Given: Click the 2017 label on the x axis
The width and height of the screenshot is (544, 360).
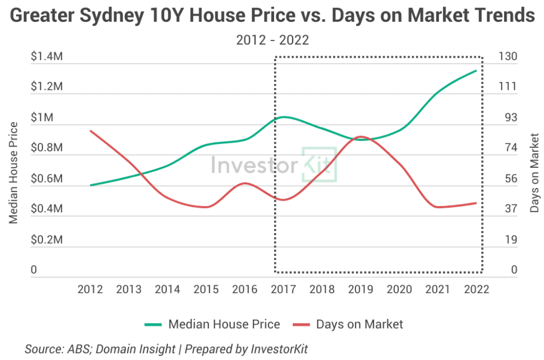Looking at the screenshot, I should [x=284, y=289].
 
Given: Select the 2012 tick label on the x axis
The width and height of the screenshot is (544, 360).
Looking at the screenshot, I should [x=90, y=289].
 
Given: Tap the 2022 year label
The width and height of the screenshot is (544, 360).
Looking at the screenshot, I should [x=477, y=289].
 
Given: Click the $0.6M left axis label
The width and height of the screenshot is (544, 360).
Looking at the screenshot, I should [x=46, y=179].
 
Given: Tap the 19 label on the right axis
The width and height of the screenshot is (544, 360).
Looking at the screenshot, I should [x=509, y=240].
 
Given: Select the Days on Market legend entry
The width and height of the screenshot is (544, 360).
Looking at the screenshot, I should [x=360, y=324].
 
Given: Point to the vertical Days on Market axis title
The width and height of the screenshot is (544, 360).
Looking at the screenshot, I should [x=534, y=173].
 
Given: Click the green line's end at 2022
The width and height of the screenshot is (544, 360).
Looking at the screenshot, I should [x=476, y=70].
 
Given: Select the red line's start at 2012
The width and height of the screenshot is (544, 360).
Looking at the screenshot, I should [x=91, y=131].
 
